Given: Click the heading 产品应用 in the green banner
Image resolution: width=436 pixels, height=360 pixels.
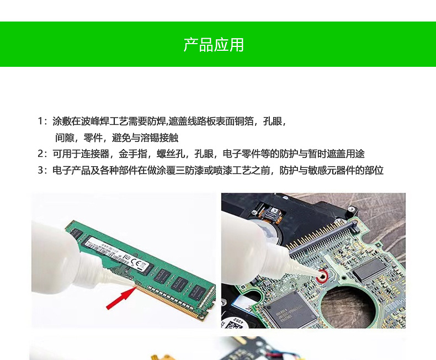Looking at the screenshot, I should pyautogui.click(x=214, y=45).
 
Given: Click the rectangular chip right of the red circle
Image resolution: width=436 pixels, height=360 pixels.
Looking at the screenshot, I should pyautogui.click(x=368, y=269).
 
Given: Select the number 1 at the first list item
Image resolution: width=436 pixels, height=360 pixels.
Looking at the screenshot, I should pyautogui.click(x=40, y=121).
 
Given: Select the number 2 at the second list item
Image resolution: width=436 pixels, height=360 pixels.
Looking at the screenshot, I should pyautogui.click(x=40, y=153).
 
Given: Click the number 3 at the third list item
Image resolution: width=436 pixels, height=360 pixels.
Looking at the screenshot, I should pyautogui.click(x=40, y=170).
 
